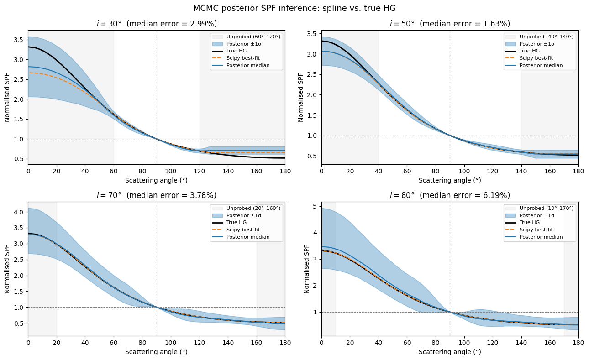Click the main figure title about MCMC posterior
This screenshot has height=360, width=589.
point(294,8)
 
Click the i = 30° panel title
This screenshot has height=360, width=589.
point(157,24)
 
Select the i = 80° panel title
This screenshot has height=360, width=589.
point(450,195)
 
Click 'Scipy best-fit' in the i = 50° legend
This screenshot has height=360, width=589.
point(536,58)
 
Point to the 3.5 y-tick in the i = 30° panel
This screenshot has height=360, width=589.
point(19,40)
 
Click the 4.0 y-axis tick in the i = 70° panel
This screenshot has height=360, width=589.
point(19,212)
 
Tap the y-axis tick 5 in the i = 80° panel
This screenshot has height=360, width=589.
point(315,206)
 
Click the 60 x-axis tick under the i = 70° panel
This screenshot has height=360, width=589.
point(114,343)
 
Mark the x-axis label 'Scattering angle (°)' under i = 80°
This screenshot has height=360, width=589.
point(450,352)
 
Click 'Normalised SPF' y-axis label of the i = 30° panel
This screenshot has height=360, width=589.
point(7,98)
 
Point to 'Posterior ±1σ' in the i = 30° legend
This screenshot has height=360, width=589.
point(244,44)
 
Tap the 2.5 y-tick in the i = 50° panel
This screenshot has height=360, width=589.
point(312,74)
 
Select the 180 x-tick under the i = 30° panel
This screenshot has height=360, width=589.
point(285,171)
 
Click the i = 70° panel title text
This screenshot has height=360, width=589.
point(157,195)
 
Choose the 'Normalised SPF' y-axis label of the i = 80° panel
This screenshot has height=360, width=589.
point(306,269)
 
